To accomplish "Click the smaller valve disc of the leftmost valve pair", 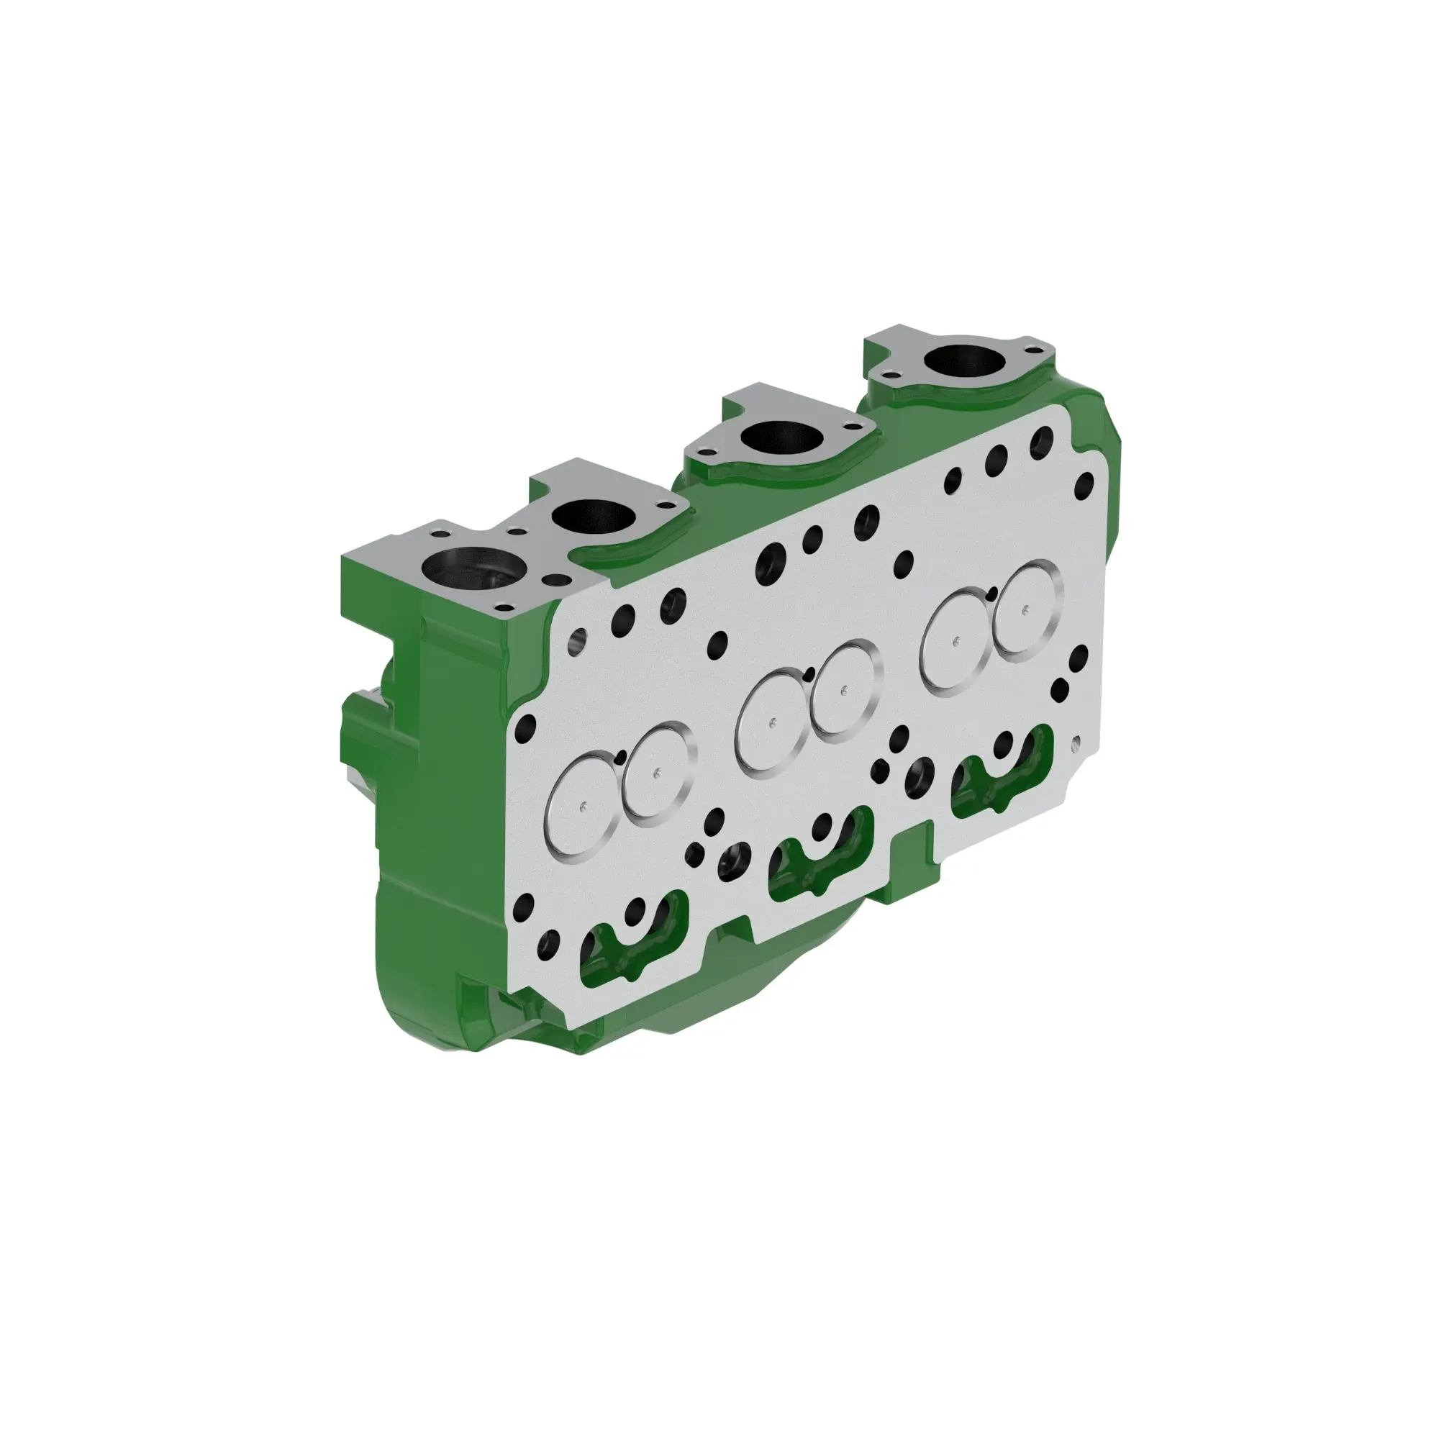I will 657,774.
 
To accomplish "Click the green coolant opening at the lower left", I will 633,945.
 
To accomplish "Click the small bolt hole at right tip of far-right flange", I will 1032,350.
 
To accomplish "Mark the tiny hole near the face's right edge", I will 1075,741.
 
